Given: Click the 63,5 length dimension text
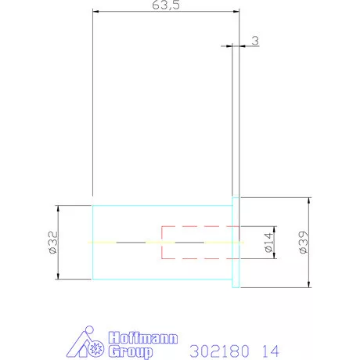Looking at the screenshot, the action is [166, 5].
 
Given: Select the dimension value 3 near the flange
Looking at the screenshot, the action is [255, 41].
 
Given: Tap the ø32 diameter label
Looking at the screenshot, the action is [52, 243].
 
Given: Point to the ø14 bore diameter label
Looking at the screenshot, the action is [268, 243].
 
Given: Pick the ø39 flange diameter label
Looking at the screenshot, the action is [304, 243].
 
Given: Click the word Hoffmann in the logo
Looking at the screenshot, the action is [143, 338].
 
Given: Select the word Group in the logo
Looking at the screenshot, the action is [131, 351].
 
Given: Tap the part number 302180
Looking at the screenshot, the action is [219, 351].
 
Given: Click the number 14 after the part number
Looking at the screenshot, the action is [271, 351].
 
